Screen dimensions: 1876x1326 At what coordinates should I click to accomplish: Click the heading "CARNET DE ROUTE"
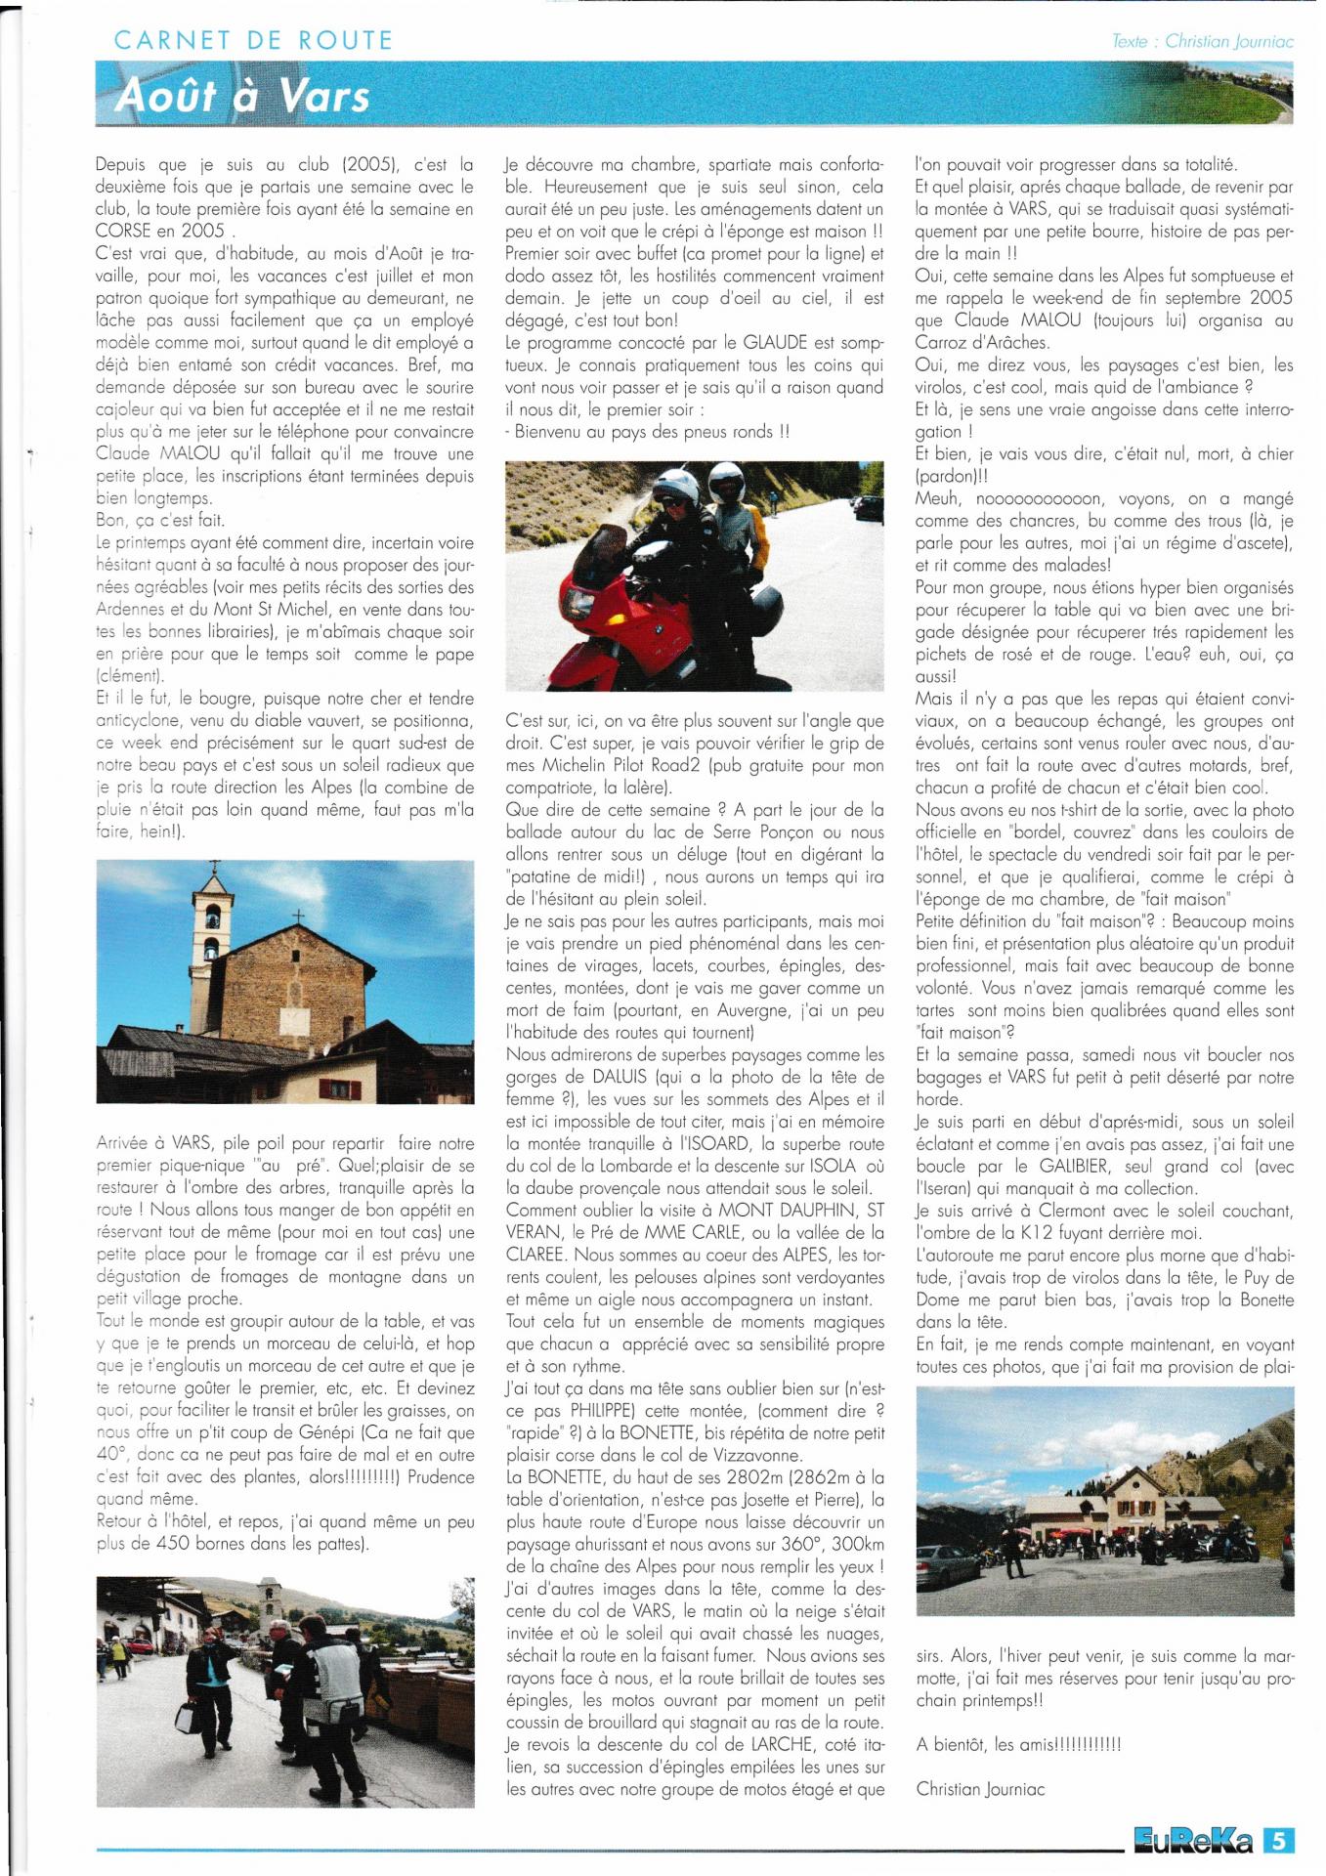253,40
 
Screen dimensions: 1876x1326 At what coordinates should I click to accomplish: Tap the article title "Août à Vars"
242,96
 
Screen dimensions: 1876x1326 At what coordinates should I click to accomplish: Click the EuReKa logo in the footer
1193,1841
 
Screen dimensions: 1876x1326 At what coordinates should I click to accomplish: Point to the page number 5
1278,1841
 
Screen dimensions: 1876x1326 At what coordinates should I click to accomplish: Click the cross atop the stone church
298,917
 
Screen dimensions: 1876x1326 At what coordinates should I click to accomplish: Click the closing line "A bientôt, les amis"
1017,1744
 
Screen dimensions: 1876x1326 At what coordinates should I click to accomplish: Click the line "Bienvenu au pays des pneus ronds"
648,431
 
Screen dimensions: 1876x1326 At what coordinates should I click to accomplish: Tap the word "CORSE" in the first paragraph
123,231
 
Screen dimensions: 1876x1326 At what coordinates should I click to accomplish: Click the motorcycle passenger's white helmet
726,481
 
